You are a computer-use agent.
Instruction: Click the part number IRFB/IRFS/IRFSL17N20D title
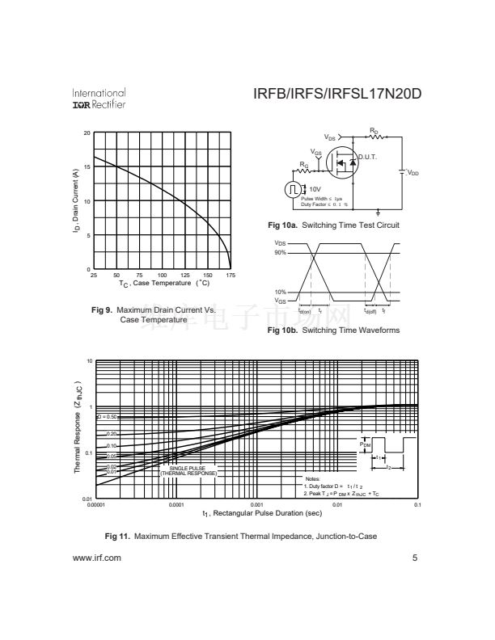[x=337, y=95]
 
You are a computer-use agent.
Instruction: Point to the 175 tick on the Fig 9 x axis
[x=231, y=276]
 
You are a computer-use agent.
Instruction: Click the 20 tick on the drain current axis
[x=87, y=133]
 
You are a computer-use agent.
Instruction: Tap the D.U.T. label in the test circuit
[x=368, y=157]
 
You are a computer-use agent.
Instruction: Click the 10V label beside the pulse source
[x=315, y=189]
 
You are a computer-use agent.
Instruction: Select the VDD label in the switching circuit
[x=412, y=172]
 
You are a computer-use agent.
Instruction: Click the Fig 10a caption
[x=333, y=225]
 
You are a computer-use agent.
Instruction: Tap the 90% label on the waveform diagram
[x=280, y=253]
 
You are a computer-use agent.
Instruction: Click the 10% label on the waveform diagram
[x=280, y=292]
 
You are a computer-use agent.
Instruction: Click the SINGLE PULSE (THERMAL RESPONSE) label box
[x=188, y=470]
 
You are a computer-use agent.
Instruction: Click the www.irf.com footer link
[x=97, y=558]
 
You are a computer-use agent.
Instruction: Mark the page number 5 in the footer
[x=414, y=558]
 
